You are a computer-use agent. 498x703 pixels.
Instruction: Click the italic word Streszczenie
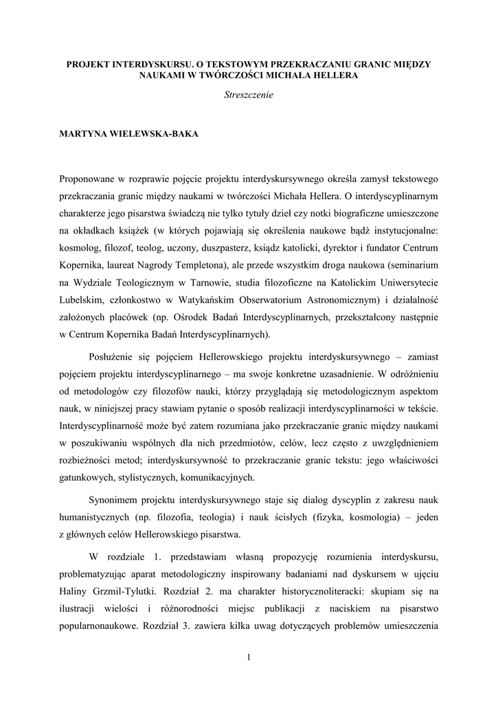pos(249,95)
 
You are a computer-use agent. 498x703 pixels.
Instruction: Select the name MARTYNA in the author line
pos(87,134)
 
